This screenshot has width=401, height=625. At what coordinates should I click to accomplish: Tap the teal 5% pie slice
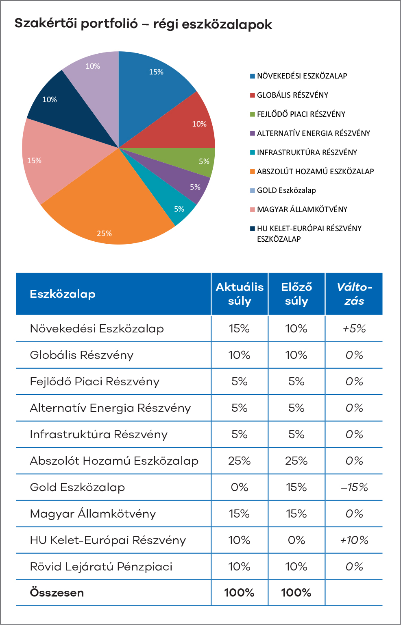point(171,199)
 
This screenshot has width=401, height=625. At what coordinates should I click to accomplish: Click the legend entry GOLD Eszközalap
point(286,190)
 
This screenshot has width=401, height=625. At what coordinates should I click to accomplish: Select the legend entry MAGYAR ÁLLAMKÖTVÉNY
point(302,210)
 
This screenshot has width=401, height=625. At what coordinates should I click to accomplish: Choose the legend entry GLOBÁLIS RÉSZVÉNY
point(292,95)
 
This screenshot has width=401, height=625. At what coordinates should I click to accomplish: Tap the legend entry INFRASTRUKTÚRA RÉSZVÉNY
point(307,153)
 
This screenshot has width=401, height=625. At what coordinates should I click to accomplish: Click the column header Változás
point(354,294)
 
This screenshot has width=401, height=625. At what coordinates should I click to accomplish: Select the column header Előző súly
point(296,294)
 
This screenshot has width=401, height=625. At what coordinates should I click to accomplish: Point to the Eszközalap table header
point(63,294)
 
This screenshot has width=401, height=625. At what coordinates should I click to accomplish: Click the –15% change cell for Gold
point(354,487)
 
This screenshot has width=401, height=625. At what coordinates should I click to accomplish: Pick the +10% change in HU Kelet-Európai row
point(354,540)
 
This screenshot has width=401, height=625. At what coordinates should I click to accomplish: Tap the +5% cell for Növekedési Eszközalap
point(354,329)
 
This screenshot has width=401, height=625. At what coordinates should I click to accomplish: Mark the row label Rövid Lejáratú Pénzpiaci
point(101,567)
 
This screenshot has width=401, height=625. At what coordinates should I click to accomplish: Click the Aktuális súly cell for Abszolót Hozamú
point(239,461)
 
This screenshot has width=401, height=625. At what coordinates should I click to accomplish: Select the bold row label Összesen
point(57,593)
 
